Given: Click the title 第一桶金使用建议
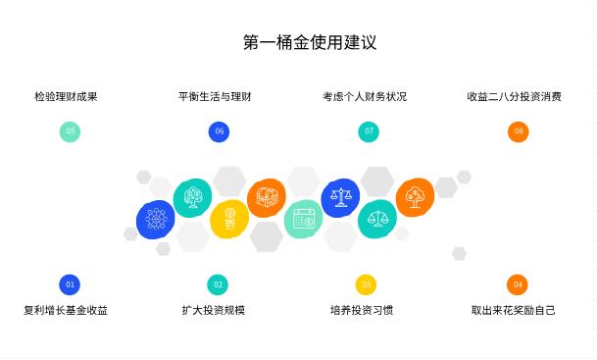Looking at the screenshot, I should point(310,42).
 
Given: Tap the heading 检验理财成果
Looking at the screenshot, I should point(66,97).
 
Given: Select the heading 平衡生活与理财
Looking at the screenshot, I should point(215,97).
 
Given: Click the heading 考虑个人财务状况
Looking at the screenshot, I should point(365,97).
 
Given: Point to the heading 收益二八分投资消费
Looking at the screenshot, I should point(514,97).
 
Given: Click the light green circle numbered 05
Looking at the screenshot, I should point(70,131).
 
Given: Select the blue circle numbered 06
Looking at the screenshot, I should point(219,131).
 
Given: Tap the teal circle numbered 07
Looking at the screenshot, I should point(369,131).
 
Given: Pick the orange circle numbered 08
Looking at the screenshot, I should point(519,131).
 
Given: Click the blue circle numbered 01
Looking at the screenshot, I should point(70,284).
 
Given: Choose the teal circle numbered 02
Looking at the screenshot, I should point(218,284).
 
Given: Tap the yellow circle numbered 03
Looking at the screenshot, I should point(366,284).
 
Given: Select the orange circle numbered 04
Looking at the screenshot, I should point(518,284).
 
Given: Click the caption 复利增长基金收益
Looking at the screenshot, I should point(66,311).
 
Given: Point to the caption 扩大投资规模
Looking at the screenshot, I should point(214,311).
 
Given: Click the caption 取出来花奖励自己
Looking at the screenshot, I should point(514,311).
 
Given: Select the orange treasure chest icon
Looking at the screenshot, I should point(267,198).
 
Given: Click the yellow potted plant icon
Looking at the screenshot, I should point(229,218).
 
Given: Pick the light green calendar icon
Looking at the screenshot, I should point(303,218).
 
